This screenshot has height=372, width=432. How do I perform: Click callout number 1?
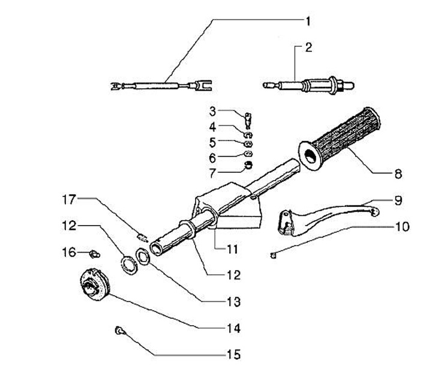pos(308,22)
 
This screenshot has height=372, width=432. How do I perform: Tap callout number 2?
pos(309,47)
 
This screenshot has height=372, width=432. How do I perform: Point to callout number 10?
pos(402,227)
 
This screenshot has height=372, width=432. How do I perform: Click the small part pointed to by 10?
pos(273,256)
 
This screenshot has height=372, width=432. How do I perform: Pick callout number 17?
pos(69,199)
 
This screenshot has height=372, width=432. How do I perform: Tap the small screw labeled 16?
pos(95,254)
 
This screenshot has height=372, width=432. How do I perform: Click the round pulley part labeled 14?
pos(95,284)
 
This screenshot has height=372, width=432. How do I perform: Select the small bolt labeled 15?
pos(120,330)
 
